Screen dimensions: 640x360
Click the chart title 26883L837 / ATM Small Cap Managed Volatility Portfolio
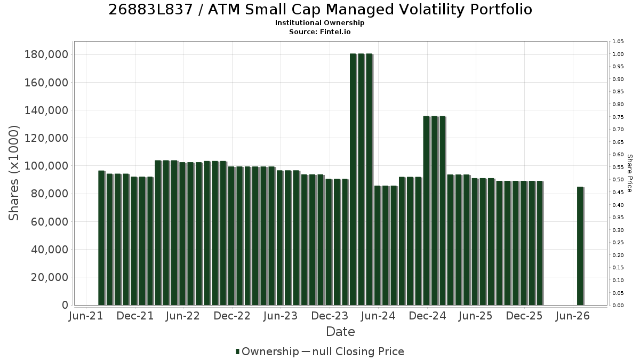pyautogui.click(x=320, y=10)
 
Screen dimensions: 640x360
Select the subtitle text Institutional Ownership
pyautogui.click(x=319, y=23)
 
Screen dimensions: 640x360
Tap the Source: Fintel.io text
pyautogui.click(x=319, y=31)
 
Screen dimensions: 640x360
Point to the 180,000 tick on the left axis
pyautogui.click(x=47, y=54)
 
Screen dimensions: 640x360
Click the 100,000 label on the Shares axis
pyautogui.click(x=47, y=166)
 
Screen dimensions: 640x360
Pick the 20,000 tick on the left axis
pyautogui.click(x=50, y=277)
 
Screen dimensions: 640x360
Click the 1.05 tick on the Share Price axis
pyautogui.click(x=618, y=42)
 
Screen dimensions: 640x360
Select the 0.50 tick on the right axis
pyautogui.click(x=618, y=180)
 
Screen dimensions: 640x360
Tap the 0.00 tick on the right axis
pyautogui.click(x=618, y=306)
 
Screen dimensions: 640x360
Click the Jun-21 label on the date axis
pyautogui.click(x=86, y=316)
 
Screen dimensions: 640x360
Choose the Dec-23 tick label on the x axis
pyautogui.click(x=330, y=316)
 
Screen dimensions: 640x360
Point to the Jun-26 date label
pyautogui.click(x=573, y=316)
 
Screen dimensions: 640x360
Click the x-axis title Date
pyautogui.click(x=340, y=332)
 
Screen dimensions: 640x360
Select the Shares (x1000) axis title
pyautogui.click(x=13, y=173)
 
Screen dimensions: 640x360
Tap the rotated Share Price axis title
pyautogui.click(x=629, y=173)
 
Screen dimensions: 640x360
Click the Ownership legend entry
pyautogui.click(x=267, y=351)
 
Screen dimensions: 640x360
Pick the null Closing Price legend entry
pyautogui.click(x=353, y=351)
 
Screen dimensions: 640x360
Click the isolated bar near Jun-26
pyautogui.click(x=580, y=246)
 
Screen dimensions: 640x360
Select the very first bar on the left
pyautogui.click(x=101, y=238)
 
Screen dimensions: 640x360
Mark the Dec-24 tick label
pyautogui.click(x=427, y=316)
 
